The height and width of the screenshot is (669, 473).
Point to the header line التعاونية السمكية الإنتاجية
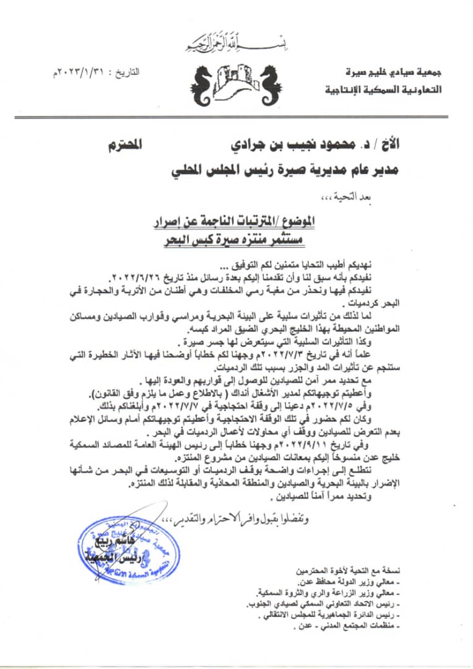384,89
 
